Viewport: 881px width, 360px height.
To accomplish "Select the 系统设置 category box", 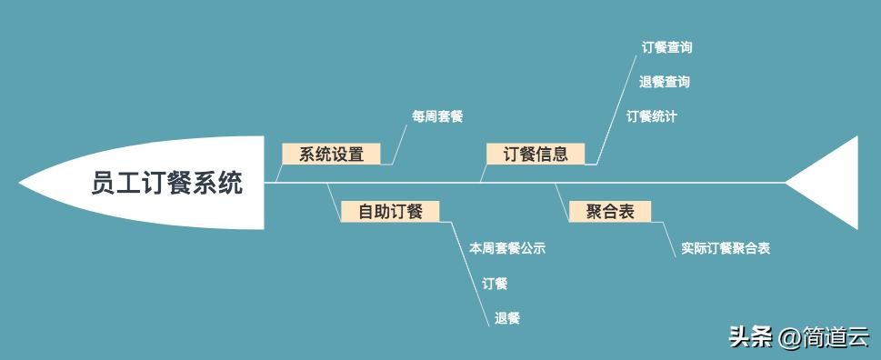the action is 331,154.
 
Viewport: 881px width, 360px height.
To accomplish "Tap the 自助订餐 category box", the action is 390,212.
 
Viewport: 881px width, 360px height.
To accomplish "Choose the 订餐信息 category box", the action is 536,154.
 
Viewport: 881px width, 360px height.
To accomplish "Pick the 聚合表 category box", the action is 609,212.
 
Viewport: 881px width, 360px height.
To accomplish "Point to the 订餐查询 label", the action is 666,47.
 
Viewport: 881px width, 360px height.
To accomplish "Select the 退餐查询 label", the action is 664,82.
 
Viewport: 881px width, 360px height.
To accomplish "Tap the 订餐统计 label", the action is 651,116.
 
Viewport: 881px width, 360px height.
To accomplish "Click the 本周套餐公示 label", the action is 507,247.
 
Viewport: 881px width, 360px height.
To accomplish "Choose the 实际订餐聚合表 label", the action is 726,248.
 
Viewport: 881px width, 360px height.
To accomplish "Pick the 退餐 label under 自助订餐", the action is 507,318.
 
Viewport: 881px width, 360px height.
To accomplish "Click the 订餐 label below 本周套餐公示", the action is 495,284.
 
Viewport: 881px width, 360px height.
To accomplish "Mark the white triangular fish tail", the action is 829,184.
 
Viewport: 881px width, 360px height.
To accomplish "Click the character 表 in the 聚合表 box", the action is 626,212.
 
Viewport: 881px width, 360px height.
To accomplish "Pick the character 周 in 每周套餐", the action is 431,116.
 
